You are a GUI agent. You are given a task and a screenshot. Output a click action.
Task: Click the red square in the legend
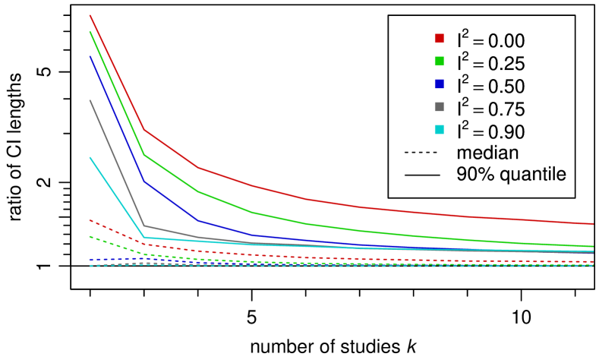click(439, 38)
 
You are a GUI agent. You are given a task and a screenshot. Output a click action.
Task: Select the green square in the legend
click(439, 61)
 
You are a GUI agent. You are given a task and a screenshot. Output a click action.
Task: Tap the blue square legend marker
click(439, 84)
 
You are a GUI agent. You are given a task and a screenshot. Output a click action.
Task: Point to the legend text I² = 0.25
click(490, 62)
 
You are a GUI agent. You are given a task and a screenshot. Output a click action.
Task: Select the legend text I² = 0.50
click(490, 85)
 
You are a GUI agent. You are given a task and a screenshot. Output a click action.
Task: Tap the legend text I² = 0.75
click(490, 108)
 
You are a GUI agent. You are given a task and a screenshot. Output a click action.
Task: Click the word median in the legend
click(487, 152)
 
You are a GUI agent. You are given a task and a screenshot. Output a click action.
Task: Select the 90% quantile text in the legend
click(512, 175)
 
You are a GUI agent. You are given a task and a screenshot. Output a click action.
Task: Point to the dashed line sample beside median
click(421, 152)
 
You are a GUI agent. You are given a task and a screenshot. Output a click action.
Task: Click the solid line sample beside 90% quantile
click(421, 175)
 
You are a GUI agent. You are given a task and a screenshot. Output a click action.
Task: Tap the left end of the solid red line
click(90, 15)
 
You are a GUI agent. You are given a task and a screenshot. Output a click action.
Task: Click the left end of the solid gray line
click(90, 100)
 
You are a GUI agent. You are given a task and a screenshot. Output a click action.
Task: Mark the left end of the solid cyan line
click(90, 157)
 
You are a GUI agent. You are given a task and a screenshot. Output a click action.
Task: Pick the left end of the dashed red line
click(90, 220)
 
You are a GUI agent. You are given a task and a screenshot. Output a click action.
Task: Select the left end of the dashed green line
click(90, 236)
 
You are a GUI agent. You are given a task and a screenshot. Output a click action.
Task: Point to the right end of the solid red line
click(593, 224)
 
